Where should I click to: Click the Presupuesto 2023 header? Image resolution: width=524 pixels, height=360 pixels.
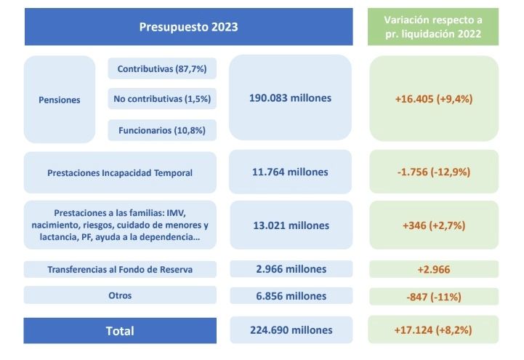click(189, 27)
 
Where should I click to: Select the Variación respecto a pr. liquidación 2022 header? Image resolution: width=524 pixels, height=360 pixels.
click(434, 27)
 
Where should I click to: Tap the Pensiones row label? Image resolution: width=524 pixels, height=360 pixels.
click(60, 100)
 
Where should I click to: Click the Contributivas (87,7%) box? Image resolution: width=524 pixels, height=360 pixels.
click(162, 69)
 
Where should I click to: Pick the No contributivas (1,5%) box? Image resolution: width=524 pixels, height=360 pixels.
click(162, 100)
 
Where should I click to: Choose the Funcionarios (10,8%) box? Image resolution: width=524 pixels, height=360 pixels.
click(162, 130)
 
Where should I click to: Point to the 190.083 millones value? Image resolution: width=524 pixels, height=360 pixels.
click(291, 98)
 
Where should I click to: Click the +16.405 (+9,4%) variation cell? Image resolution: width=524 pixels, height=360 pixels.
click(434, 98)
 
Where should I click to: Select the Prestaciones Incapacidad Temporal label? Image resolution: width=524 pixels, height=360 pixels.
click(120, 172)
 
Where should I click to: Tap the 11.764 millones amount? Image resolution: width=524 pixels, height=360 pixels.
click(291, 172)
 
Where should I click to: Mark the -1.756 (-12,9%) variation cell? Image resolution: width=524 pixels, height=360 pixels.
click(434, 172)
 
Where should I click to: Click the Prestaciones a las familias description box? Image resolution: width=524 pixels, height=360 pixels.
click(120, 225)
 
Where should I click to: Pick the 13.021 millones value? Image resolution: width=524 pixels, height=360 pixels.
click(291, 225)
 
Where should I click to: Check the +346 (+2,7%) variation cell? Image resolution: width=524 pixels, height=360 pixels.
click(434, 225)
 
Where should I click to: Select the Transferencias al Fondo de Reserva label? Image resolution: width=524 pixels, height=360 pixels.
click(120, 270)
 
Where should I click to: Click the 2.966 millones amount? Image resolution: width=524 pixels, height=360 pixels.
click(291, 270)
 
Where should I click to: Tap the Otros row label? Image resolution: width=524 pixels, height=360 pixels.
click(120, 295)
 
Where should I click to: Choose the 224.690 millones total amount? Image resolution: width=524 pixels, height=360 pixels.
click(291, 329)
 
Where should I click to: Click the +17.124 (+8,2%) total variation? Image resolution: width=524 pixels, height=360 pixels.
click(434, 329)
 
